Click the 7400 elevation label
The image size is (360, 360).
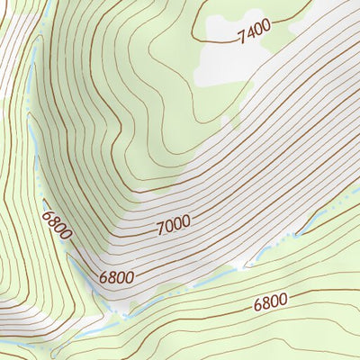(x=254, y=31)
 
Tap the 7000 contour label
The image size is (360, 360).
(x=174, y=227)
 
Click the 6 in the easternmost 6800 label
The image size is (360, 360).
(x=257, y=304)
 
